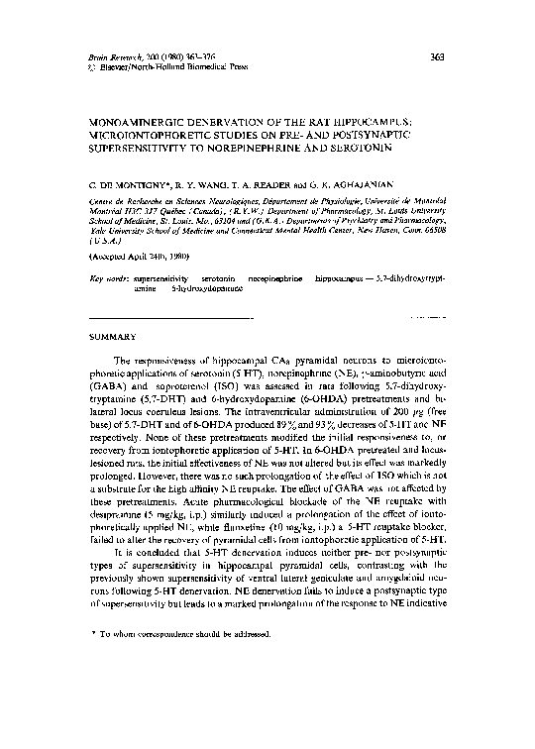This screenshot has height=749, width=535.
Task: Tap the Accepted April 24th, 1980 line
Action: [135, 255]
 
